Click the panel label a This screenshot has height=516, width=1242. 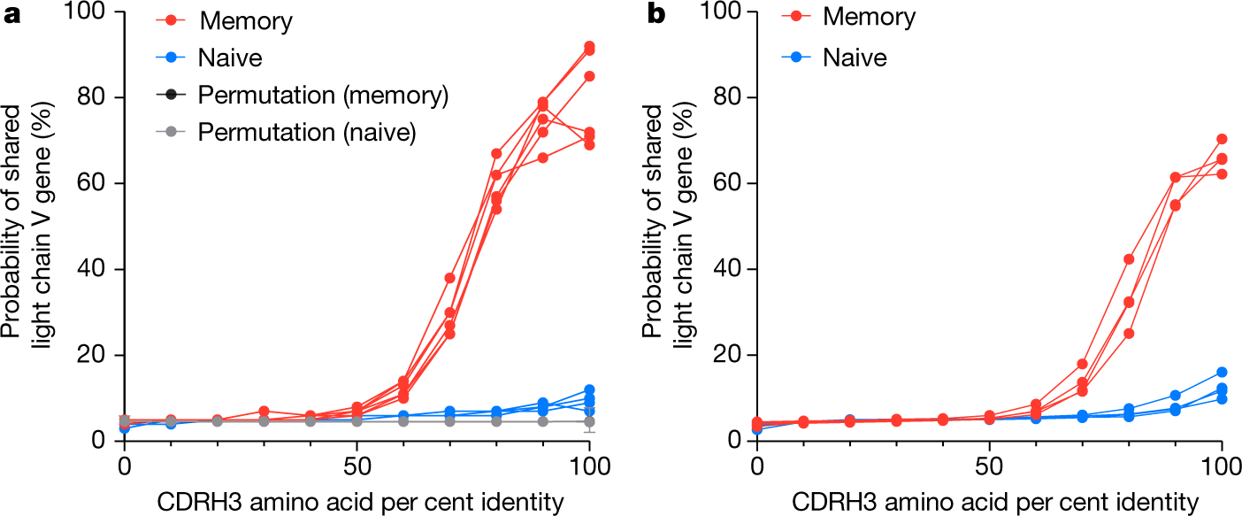pos(11,16)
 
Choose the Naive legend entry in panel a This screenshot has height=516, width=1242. pos(218,58)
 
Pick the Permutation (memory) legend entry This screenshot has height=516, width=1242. pos(324,96)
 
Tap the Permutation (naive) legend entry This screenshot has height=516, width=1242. pos(307,133)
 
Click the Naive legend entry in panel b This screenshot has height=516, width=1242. pos(855,58)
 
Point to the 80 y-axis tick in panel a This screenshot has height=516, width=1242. pos(91,97)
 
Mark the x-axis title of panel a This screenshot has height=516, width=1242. pos(356,502)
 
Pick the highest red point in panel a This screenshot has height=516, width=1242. pos(589,46)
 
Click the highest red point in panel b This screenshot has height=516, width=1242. pos(1222,139)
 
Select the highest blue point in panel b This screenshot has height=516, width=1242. pos(1222,373)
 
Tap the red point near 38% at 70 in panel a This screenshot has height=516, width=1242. pos(449,278)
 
